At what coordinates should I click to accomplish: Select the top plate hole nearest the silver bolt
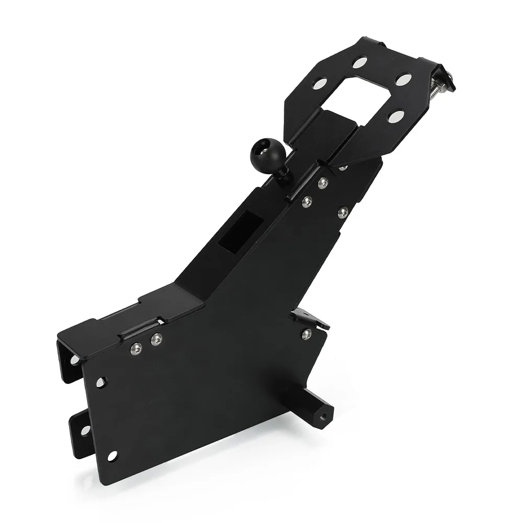[403, 80]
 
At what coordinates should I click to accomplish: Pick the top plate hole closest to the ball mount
[320, 83]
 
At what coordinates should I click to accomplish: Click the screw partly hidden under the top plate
[343, 168]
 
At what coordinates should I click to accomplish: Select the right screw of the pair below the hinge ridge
[155, 340]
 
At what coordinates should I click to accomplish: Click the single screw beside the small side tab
[306, 333]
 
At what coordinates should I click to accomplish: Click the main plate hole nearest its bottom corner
[112, 456]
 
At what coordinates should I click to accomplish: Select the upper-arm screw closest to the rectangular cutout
[306, 201]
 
